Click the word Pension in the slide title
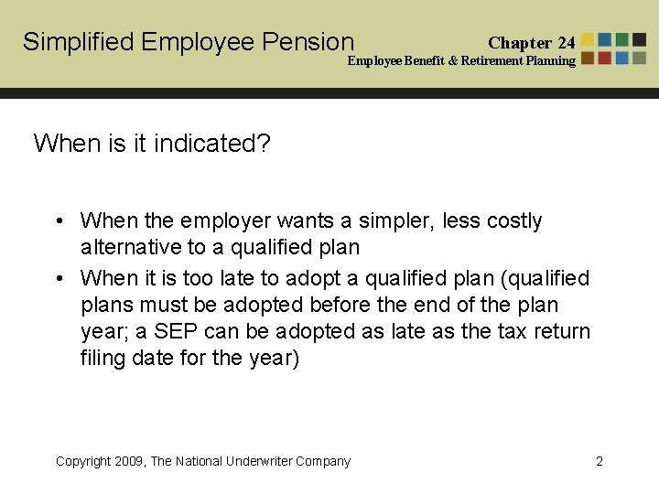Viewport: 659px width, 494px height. (308, 42)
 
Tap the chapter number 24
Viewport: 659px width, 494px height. (566, 43)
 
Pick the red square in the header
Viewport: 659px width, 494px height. (605, 58)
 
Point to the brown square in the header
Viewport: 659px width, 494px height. (588, 58)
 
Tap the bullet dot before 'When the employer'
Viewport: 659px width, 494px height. (58, 221)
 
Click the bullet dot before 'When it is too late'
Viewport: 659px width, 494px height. (58, 278)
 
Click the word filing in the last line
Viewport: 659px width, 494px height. (103, 358)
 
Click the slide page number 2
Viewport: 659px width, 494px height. (600, 461)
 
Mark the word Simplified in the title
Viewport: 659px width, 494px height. (79, 42)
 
